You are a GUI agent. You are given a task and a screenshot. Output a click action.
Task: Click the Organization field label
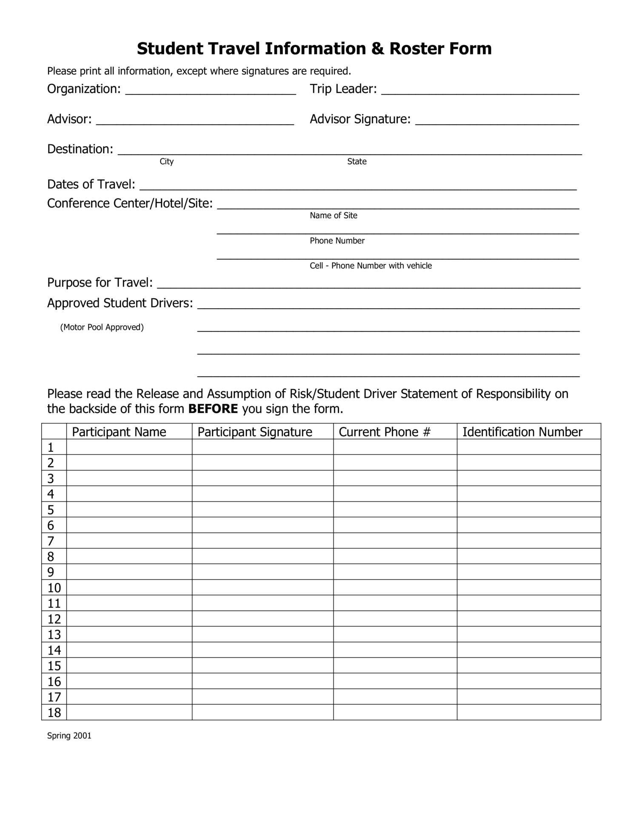click(84, 89)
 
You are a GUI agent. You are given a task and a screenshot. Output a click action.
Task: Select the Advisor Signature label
click(360, 119)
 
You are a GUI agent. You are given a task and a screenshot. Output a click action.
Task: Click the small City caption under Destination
click(166, 162)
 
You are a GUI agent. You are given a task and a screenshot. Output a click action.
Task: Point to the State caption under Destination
click(356, 162)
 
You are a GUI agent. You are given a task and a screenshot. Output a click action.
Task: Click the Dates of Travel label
click(91, 184)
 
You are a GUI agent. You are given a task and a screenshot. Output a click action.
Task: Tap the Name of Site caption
click(333, 215)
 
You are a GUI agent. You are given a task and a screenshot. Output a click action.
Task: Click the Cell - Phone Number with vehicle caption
click(370, 266)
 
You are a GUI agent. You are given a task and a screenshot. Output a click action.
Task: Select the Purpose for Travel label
click(100, 283)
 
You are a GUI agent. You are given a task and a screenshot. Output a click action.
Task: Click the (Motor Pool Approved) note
click(102, 327)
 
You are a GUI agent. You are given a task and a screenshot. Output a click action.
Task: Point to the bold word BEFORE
click(213, 409)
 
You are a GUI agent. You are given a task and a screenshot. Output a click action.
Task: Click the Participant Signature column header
click(255, 432)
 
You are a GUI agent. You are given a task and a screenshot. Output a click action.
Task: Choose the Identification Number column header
click(522, 432)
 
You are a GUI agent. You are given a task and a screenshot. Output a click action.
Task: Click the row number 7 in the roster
click(51, 541)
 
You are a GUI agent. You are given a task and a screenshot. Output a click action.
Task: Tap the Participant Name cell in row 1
click(129, 447)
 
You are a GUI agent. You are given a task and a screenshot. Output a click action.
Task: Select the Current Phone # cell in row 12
click(395, 619)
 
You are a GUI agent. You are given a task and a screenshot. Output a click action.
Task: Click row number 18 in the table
click(54, 713)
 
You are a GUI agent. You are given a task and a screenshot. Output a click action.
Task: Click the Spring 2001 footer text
click(69, 736)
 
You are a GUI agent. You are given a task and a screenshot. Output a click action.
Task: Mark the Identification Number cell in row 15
click(529, 666)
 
